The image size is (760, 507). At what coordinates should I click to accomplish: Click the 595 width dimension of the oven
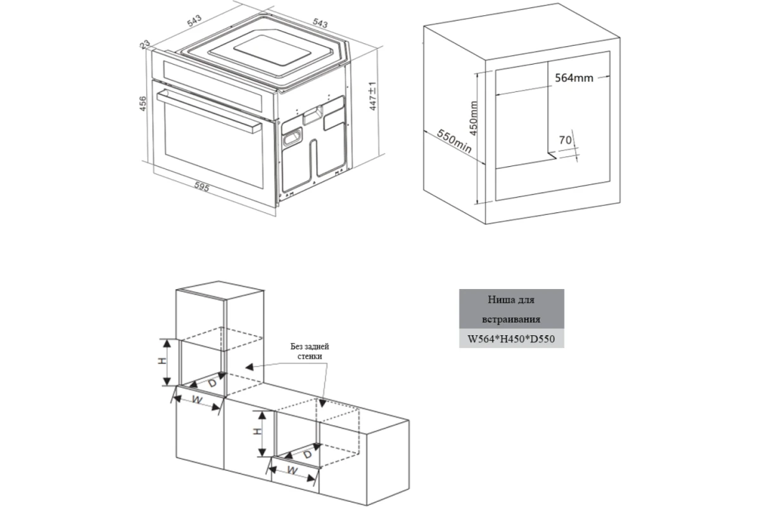tap(202, 187)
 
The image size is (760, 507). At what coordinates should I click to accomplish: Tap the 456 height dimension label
tap(143, 103)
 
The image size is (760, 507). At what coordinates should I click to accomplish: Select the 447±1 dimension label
tap(372, 96)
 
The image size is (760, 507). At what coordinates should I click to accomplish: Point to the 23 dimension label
tap(145, 44)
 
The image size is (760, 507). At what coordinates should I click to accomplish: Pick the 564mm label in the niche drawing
tap(574, 78)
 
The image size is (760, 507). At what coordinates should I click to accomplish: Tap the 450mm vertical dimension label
tap(473, 118)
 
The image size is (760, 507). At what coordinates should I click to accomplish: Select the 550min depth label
tap(454, 141)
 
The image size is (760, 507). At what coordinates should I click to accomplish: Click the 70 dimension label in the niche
tap(565, 140)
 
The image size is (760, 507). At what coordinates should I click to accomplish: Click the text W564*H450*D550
tap(511, 339)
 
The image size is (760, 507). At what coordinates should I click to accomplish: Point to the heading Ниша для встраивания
tap(511, 309)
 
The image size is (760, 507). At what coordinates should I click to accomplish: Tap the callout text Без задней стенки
tap(310, 352)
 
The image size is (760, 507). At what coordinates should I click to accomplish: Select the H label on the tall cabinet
tap(163, 361)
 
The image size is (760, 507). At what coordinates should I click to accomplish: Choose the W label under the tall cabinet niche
tap(197, 400)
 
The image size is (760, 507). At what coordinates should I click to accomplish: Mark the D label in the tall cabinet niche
tap(212, 383)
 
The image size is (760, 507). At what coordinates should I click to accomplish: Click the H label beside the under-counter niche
tap(258, 432)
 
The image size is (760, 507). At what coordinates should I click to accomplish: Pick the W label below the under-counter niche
tap(292, 470)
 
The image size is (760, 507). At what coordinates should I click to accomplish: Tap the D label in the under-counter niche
tap(307, 454)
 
